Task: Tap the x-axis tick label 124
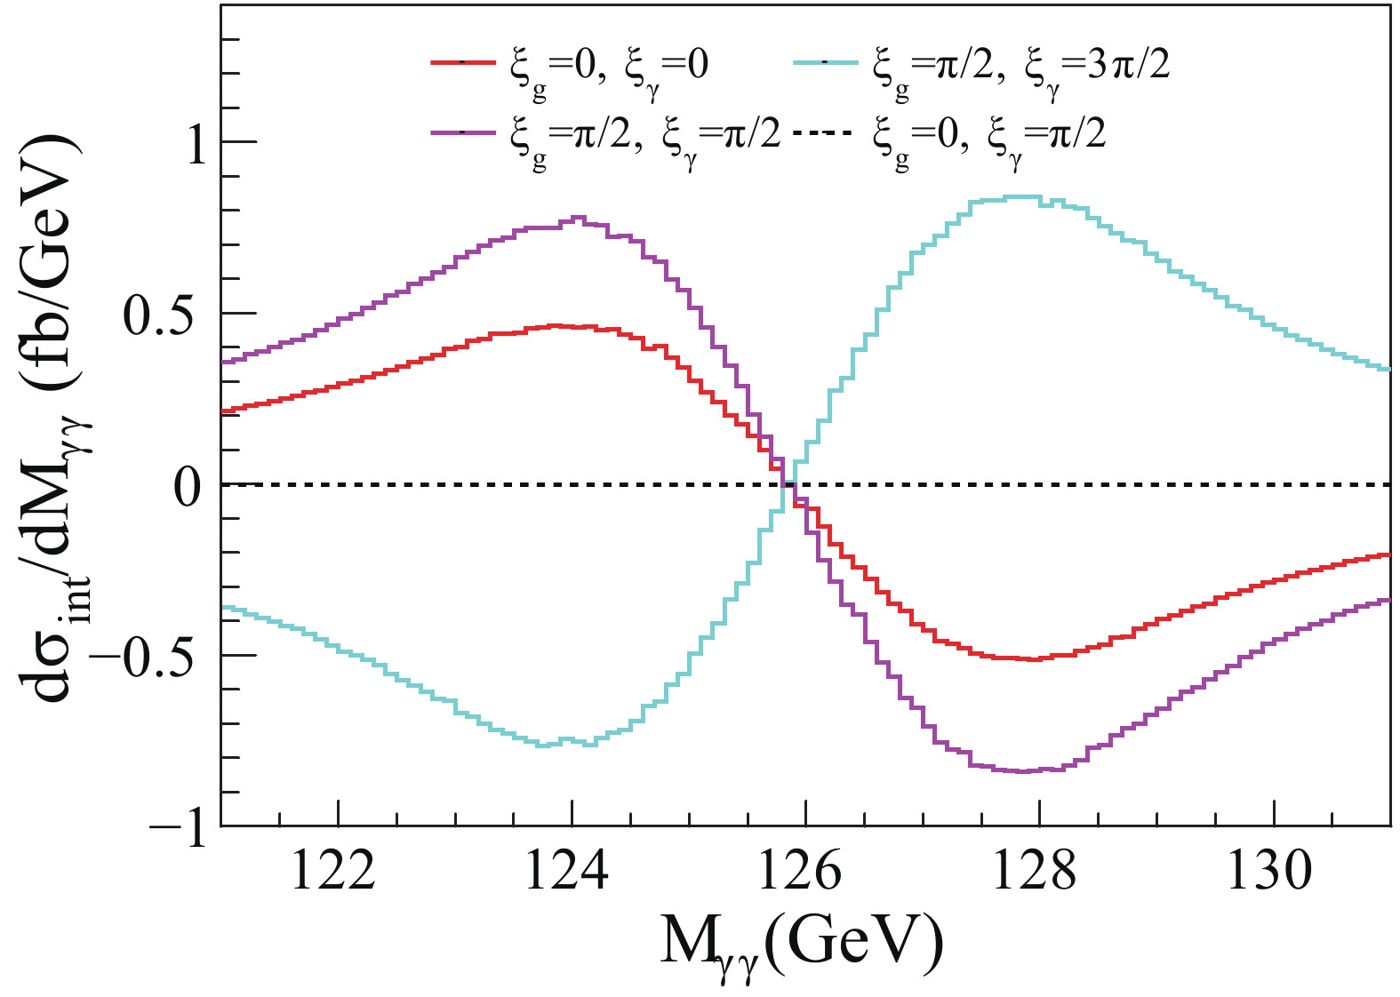click(x=567, y=872)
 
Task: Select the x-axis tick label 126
click(x=801, y=872)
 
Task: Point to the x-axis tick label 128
click(x=1035, y=872)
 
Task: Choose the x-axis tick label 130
click(x=1269, y=872)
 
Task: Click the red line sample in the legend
click(x=462, y=62)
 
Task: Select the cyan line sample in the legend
click(x=826, y=62)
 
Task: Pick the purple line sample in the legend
click(x=462, y=133)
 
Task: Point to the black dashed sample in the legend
click(x=822, y=133)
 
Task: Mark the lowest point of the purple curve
click(x=1022, y=771)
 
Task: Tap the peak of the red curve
click(x=556, y=326)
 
